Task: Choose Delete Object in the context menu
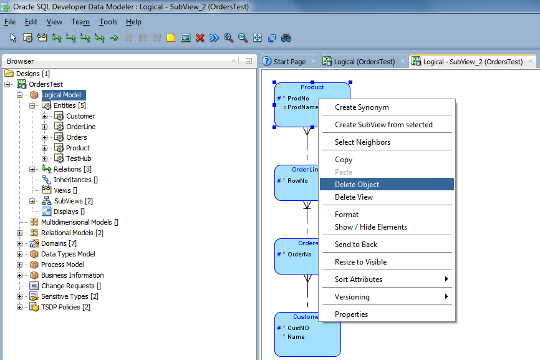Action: pos(357,184)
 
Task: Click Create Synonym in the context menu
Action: pos(362,107)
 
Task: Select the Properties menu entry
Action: pos(351,314)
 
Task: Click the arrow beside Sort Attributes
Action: pos(446,279)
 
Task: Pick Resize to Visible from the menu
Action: pos(360,262)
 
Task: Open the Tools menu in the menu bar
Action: pos(108,22)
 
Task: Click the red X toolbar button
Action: pos(200,37)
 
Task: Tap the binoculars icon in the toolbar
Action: pos(286,37)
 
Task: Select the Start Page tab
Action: pos(289,62)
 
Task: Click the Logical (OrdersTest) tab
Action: pos(364,62)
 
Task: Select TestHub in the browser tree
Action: pos(79,158)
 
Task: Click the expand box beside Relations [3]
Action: pos(32,169)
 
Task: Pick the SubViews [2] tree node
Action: pos(74,201)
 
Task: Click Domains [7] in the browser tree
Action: pos(59,243)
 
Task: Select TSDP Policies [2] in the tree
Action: pos(65,307)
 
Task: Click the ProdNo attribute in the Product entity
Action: pos(298,98)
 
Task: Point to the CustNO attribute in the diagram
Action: pos(298,328)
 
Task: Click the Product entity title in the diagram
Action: pos(312,87)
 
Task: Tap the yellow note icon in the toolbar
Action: pos(171,37)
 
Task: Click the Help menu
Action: pos(133,22)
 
